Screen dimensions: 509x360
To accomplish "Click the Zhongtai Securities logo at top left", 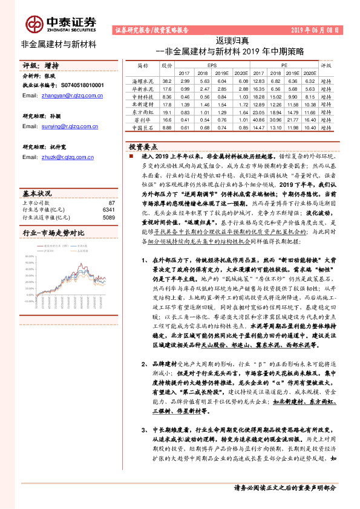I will point(60,24).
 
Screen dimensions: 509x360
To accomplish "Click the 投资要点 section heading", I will point(143,146).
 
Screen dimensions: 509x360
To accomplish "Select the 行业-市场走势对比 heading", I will point(53,232).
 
